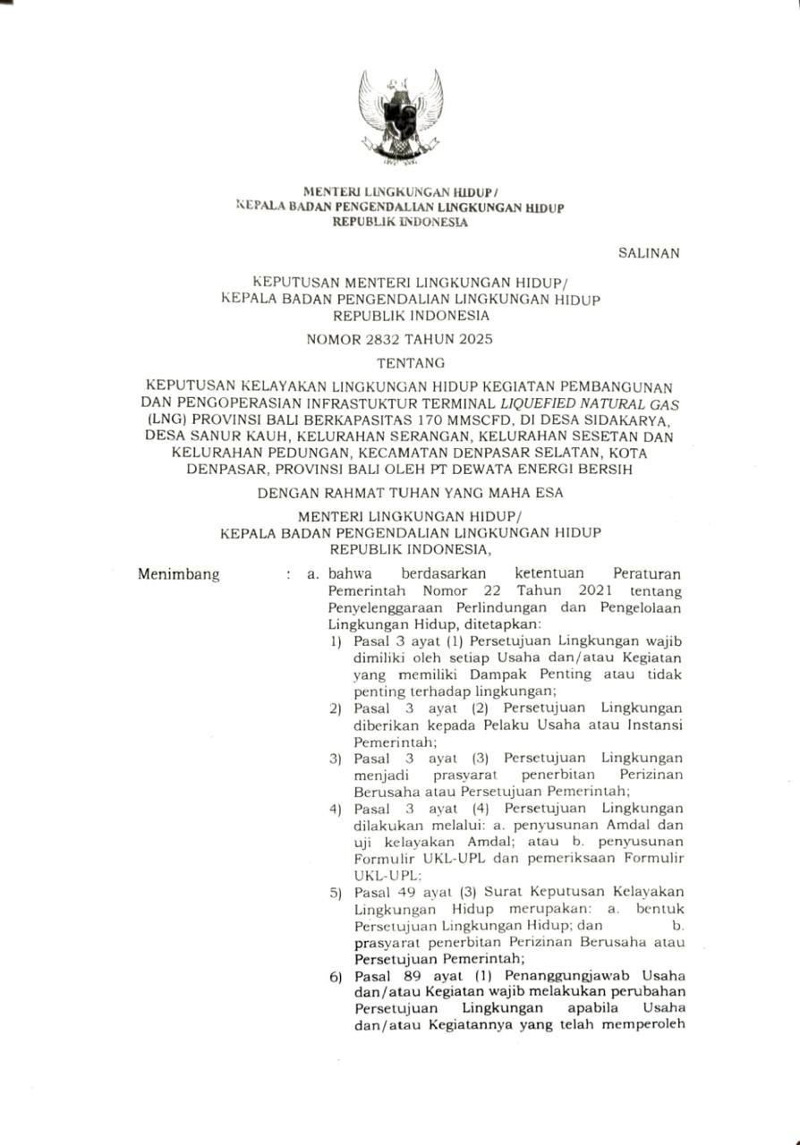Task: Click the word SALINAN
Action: pos(649,253)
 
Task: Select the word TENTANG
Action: pos(400,363)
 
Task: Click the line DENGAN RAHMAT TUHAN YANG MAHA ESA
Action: pos(400,493)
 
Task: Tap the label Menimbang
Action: pos(179,575)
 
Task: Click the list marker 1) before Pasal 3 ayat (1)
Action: pos(335,642)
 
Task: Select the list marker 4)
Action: pos(335,810)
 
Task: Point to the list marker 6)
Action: pos(335,977)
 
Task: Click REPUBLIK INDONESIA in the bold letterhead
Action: pos(400,223)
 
